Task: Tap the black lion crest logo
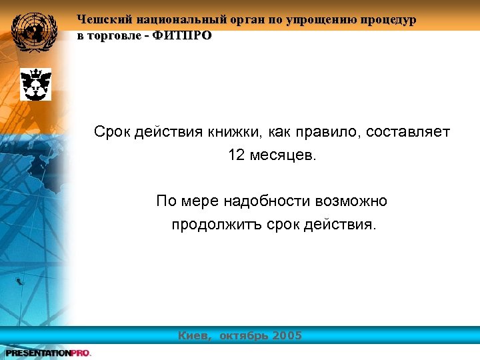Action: pyautogui.click(x=35, y=84)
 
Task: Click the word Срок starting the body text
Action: pyautogui.click(x=112, y=132)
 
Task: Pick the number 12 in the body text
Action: pyautogui.click(x=237, y=155)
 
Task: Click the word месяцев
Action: pyautogui.click(x=285, y=155)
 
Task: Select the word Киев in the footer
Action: pyautogui.click(x=194, y=335)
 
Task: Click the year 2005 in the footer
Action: pyautogui.click(x=287, y=335)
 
